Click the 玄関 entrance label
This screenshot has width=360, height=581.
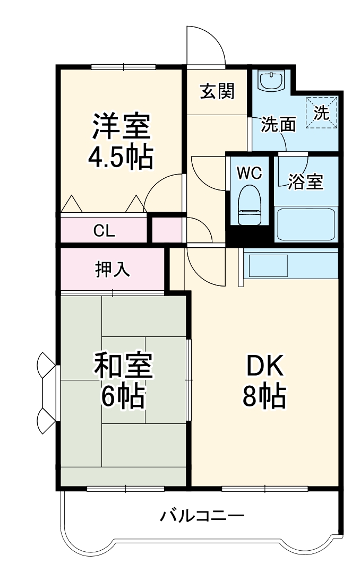click(217, 92)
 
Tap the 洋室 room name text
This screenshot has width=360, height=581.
click(122, 126)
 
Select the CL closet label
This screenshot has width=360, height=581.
click(104, 231)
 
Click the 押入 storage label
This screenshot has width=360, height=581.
click(113, 270)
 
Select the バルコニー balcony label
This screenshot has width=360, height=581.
click(202, 515)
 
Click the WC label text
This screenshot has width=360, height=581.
click(248, 174)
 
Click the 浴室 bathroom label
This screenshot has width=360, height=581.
click(305, 181)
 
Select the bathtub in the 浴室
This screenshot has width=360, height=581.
click(306, 223)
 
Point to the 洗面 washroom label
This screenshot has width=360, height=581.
click(278, 125)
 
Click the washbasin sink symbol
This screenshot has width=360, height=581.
click(271, 81)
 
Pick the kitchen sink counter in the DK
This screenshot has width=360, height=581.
click(290, 264)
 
